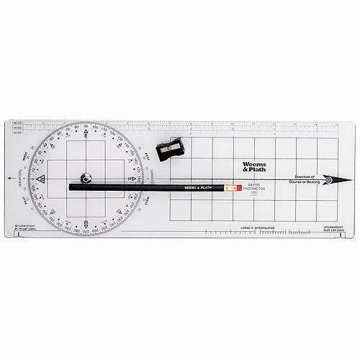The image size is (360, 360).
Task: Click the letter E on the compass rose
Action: click(86, 138)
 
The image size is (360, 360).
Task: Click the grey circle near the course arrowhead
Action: click(328, 179)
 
